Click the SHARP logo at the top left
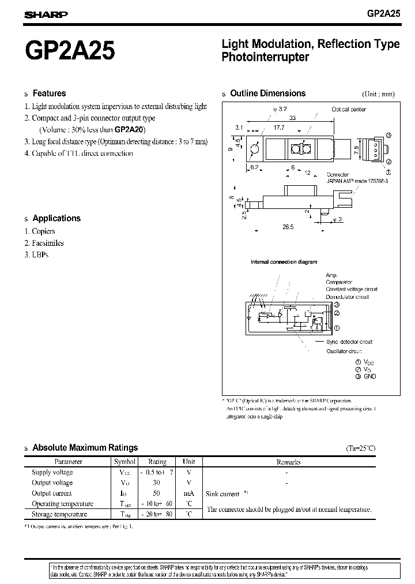46,16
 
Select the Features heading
49,93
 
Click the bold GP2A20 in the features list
130,130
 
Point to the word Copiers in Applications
44,231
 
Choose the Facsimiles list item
48,243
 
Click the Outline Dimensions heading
267,93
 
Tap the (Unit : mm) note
378,94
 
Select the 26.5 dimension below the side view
288,227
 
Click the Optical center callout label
348,109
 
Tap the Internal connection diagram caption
284,262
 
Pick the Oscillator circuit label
344,351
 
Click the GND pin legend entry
369,376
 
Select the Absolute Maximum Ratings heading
85,447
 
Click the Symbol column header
124,462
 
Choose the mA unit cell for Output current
188,493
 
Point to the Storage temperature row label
59,514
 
